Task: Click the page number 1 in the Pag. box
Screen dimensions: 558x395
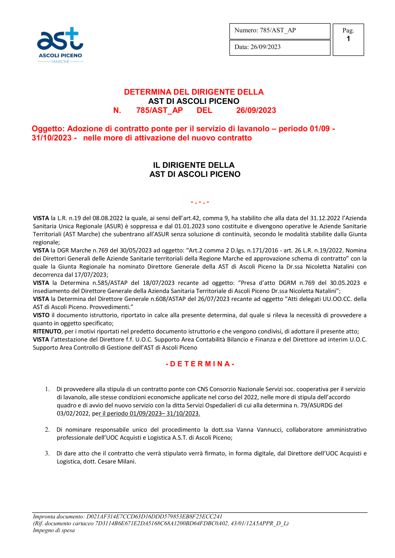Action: click(x=348, y=39)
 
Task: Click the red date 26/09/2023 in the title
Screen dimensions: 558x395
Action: click(x=256, y=110)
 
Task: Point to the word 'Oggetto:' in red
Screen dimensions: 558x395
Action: click(x=48, y=129)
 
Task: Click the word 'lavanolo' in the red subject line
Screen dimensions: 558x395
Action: click(x=251, y=129)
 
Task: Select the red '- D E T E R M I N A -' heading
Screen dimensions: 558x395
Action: click(x=200, y=364)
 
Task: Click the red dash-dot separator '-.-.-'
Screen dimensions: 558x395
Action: click(x=200, y=202)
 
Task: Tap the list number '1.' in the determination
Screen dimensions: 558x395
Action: click(x=47, y=389)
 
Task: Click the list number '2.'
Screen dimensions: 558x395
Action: click(x=47, y=430)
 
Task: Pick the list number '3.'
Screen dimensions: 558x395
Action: click(x=47, y=453)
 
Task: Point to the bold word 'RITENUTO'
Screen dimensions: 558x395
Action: click(x=47, y=331)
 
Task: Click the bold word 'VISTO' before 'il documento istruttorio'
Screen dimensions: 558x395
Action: click(x=41, y=315)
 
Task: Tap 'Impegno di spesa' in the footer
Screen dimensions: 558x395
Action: click(x=54, y=530)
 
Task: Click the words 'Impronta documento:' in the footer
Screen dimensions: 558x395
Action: click(x=59, y=517)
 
